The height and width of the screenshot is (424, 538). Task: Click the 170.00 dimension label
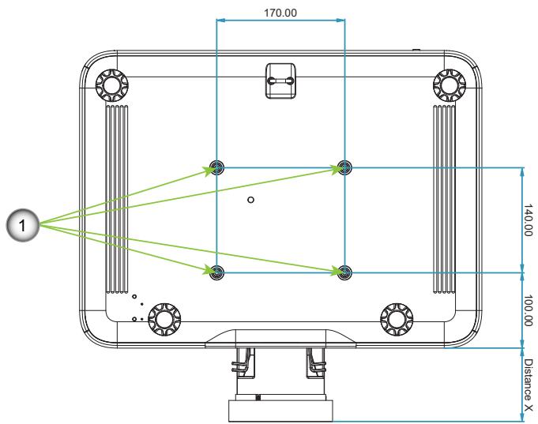pos(280,13)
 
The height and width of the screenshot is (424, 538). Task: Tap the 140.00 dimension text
pos(529,220)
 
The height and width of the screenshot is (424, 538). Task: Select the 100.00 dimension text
pos(529,310)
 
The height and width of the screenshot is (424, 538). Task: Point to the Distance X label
pos(529,385)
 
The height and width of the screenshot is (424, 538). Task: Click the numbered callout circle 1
pos(23,225)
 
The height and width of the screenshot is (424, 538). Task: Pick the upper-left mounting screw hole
pos(216,167)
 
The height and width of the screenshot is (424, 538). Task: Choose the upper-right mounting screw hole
pos(344,167)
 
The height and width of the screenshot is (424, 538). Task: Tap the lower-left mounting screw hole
pos(216,272)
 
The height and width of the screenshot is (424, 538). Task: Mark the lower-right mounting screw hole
pos(344,272)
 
